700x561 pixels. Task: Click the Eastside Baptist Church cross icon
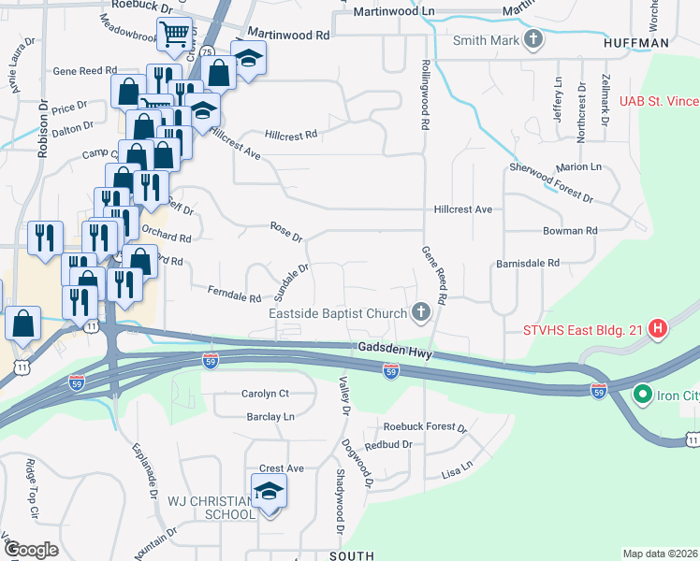tap(421, 312)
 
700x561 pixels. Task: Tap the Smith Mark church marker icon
tap(533, 39)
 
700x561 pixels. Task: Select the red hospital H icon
tap(658, 328)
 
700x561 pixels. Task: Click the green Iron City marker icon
tap(643, 395)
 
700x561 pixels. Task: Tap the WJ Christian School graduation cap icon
tap(269, 492)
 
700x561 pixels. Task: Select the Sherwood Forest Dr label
tap(551, 182)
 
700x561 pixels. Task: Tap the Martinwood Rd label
tap(299, 35)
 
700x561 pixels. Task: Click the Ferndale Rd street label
tap(234, 296)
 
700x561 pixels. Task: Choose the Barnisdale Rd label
tap(527, 264)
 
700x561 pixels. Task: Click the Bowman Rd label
tap(570, 230)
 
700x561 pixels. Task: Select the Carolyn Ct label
tap(265, 394)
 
